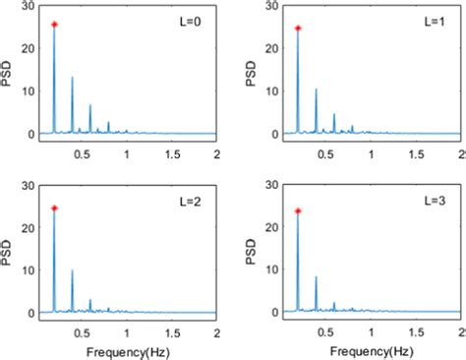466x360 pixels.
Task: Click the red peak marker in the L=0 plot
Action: pos(54,25)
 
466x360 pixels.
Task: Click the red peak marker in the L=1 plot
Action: pos(298,28)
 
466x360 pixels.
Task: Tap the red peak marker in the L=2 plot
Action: pos(54,208)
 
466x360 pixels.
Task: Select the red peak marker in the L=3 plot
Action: pos(298,210)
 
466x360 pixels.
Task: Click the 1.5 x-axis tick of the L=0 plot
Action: pos(172,154)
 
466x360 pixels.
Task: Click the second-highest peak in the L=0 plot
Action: pos(72,78)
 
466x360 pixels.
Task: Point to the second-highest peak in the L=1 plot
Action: pos(316,90)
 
